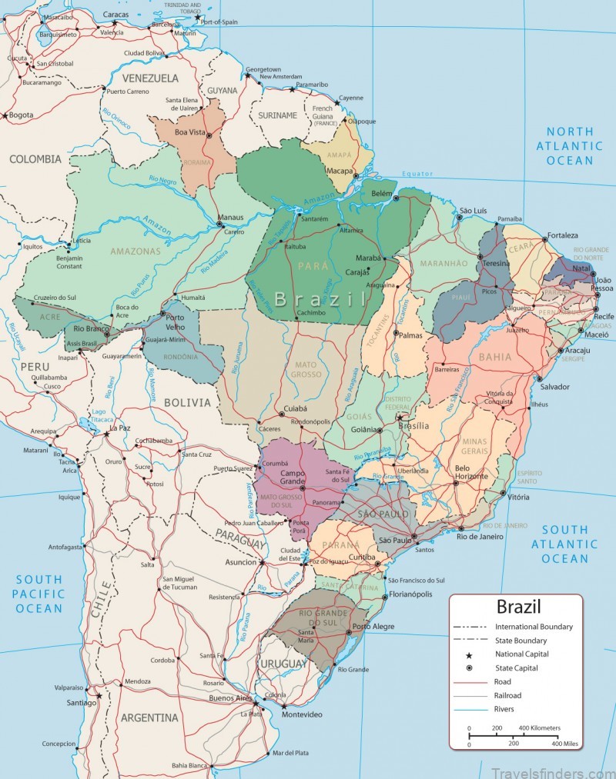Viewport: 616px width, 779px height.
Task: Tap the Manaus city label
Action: pyautogui.click(x=230, y=218)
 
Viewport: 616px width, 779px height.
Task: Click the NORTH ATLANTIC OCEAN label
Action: pyautogui.click(x=570, y=146)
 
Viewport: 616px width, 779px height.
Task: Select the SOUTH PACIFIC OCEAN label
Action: pyautogui.click(x=38, y=594)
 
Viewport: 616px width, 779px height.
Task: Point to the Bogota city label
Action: pyautogui.click(x=21, y=115)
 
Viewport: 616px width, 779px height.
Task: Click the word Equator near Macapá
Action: pyautogui.click(x=417, y=174)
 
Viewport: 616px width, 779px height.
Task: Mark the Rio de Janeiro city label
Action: pyautogui.click(x=480, y=536)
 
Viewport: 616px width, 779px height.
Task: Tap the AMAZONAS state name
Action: pyautogui.click(x=135, y=251)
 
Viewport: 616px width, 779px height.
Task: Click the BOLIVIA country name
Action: pyautogui.click(x=187, y=402)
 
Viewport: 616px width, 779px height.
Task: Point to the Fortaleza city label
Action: pyautogui.click(x=562, y=235)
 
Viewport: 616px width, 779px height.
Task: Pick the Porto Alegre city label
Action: pyautogui.click(x=373, y=627)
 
